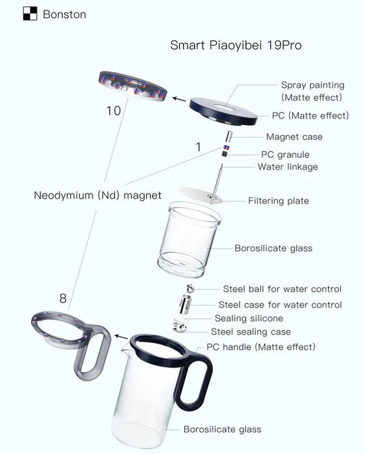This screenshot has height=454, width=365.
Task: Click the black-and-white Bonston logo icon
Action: coord(30,14)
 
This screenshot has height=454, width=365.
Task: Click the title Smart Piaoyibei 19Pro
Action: coord(236,45)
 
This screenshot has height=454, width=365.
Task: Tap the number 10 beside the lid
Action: coord(114,111)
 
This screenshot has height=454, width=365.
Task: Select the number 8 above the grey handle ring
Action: coord(63,299)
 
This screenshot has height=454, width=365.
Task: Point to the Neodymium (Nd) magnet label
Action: coord(98,195)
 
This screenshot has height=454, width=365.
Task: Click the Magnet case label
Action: coord(294,137)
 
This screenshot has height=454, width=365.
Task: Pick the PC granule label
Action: coord(286,154)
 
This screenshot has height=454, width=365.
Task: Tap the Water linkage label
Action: coord(288,167)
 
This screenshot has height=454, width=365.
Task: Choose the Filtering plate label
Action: coord(278,201)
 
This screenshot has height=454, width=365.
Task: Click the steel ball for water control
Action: coord(190,289)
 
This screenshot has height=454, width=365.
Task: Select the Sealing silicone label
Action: coord(249,318)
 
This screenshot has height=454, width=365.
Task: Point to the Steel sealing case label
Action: coord(251,331)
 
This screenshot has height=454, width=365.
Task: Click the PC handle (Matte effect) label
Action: coord(261,347)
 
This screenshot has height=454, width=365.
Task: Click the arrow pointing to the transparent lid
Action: coord(179,99)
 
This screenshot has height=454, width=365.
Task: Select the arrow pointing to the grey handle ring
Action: coord(121,337)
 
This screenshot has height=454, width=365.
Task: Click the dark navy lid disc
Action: coord(223,111)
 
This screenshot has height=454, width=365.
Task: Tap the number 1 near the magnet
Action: coord(199,147)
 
